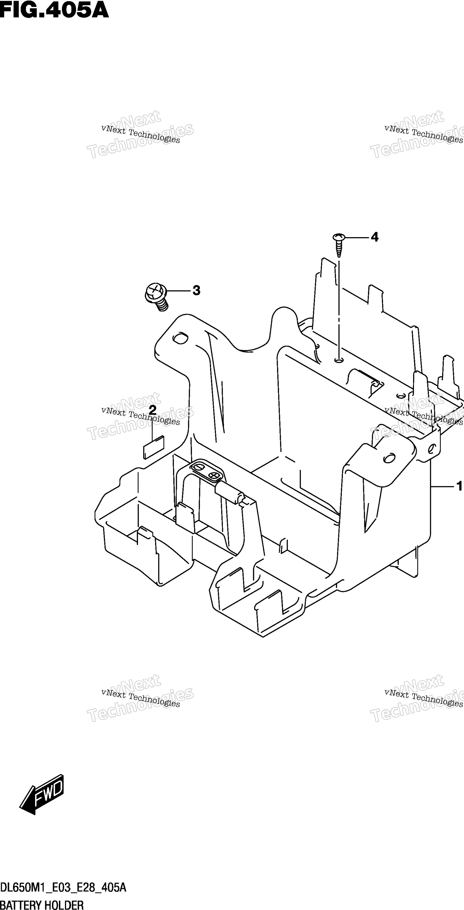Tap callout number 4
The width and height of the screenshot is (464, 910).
375,237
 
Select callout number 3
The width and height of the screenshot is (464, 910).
196,291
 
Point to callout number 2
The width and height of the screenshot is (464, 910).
153,410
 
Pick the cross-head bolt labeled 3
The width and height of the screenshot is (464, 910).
156,296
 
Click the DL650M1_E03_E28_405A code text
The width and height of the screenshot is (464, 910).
63,888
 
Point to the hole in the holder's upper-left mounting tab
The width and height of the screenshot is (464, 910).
180,338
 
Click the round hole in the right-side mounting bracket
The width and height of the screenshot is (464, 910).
389,458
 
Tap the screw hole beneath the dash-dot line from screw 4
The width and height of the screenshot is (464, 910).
339,360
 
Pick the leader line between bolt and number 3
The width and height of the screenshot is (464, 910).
178,291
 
